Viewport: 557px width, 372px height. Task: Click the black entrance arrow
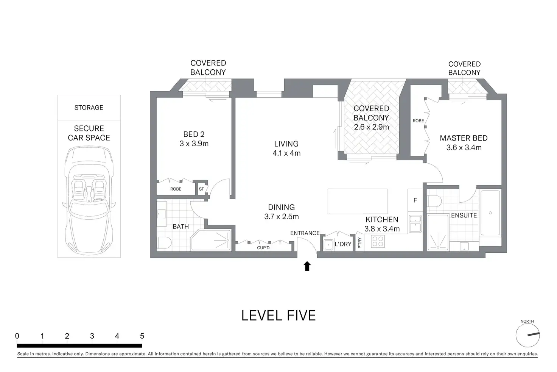(x=307, y=266)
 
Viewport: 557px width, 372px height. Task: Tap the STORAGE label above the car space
(x=89, y=108)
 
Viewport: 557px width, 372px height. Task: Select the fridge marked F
(x=415, y=200)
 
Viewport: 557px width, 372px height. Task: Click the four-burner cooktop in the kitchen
(x=378, y=241)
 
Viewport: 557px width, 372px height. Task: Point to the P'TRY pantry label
(x=359, y=243)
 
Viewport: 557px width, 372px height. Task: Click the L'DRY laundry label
(x=343, y=244)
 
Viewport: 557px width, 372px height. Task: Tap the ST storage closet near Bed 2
(x=201, y=189)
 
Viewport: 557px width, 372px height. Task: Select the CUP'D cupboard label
(x=263, y=248)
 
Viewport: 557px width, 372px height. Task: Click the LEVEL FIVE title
(x=278, y=316)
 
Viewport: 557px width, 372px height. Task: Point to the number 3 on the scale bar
(x=92, y=336)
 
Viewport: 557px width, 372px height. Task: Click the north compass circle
(x=527, y=335)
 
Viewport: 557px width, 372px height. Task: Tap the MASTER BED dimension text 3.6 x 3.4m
(x=464, y=147)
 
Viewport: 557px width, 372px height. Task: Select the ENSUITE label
(x=464, y=216)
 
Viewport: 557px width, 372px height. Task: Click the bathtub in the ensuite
(x=490, y=213)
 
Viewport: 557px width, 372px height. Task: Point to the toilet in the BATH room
(x=164, y=243)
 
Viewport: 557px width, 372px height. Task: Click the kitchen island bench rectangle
(x=358, y=201)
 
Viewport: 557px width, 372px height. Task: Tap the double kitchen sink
(x=415, y=224)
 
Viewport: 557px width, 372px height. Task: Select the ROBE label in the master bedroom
(x=418, y=121)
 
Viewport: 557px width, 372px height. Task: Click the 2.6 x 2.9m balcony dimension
(x=371, y=127)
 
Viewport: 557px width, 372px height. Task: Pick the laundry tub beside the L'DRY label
(x=328, y=244)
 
